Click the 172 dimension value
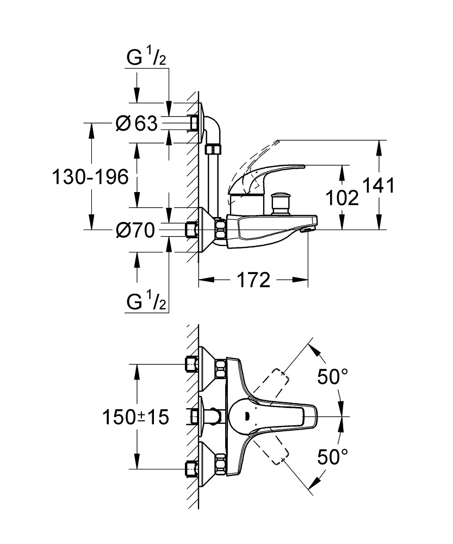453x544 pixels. coord(253,280)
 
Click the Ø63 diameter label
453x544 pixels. coord(137,123)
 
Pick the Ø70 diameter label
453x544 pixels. coord(136,231)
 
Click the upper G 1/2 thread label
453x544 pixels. coord(146,58)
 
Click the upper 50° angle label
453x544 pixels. coord(332,377)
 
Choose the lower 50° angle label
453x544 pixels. coord(332,456)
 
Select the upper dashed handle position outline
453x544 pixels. coord(277,383)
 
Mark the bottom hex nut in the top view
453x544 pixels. coord(221,466)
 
